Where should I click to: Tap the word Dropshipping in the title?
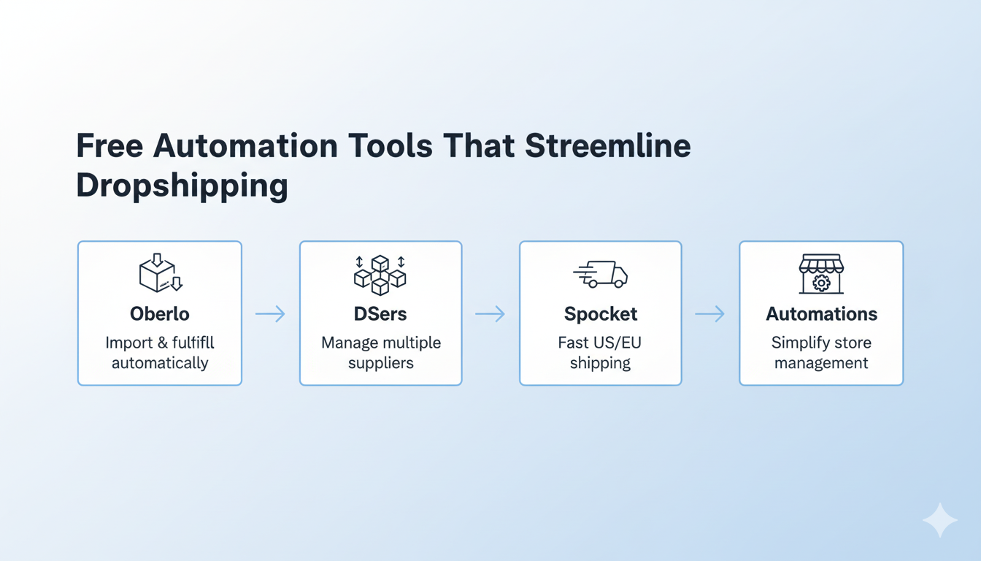[182, 186]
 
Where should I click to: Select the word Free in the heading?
[109, 146]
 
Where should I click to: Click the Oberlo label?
[159, 314]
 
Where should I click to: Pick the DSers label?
[380, 314]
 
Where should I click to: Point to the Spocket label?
[600, 314]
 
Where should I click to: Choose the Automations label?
[821, 314]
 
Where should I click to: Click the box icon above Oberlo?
[160, 273]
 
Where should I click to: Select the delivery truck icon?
[601, 274]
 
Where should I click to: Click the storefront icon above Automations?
[821, 274]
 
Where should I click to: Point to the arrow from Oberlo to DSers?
[270, 314]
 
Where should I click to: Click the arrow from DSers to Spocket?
[490, 314]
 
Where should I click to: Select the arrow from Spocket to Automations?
[709, 314]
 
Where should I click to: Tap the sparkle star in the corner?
[939, 520]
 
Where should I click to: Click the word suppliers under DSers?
[380, 363]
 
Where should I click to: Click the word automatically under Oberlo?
[160, 363]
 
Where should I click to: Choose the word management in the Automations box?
[821, 363]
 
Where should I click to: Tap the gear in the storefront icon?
[821, 283]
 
